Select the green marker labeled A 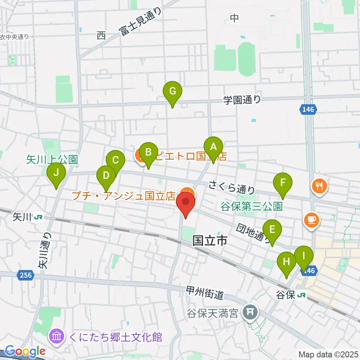click(x=213, y=147)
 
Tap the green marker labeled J click(x=56, y=173)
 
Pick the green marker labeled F click(x=283, y=183)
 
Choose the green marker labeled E click(x=272, y=230)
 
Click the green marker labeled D click(x=106, y=176)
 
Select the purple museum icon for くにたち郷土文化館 click(x=57, y=336)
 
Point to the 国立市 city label click(x=210, y=241)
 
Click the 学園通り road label click(x=242, y=100)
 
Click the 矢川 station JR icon click(x=37, y=217)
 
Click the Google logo click(x=25, y=351)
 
